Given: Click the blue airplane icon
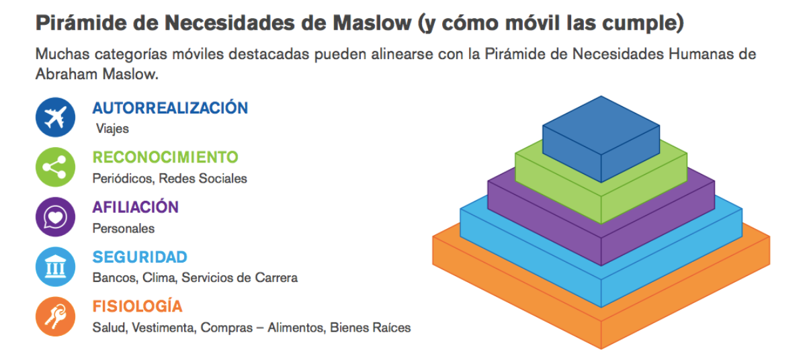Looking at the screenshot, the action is coord(55,117).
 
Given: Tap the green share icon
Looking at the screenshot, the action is coord(55,167).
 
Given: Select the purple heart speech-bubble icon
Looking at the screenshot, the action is coord(55,217).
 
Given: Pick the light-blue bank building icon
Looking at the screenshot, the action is coord(55,267).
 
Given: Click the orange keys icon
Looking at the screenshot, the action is coord(55,316).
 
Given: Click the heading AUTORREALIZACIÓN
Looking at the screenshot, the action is coord(170,107).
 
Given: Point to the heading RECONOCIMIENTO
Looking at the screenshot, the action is coord(165,157).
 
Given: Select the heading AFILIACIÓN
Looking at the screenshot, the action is coord(136,207).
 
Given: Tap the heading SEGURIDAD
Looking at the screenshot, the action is coord(140,257).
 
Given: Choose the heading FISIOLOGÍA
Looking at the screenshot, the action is coord(137,306).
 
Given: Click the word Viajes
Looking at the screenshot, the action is coord(112,129).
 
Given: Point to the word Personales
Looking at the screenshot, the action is coord(124,228).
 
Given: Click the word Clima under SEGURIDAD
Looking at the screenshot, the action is coord(159,277).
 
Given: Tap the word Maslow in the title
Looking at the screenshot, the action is coord(372,23).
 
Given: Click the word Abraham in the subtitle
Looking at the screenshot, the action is coord(66,74).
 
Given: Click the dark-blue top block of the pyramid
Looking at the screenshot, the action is coord(601,139).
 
